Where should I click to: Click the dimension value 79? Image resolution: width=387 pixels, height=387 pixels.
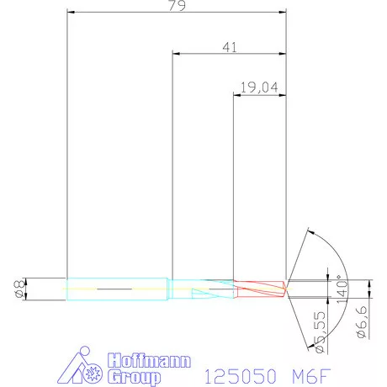coord(177,6)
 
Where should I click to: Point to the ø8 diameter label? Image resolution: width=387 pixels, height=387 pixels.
coord(18,289)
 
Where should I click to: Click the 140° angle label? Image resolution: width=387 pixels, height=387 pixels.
coord(341,288)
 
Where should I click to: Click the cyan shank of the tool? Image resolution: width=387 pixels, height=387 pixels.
coord(118,288)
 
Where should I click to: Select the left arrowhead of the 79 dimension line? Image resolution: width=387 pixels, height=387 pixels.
coord(71,13)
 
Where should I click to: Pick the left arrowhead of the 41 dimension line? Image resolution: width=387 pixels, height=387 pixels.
coord(175,54)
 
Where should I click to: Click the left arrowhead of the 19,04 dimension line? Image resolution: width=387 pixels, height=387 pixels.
coord(236,94)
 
